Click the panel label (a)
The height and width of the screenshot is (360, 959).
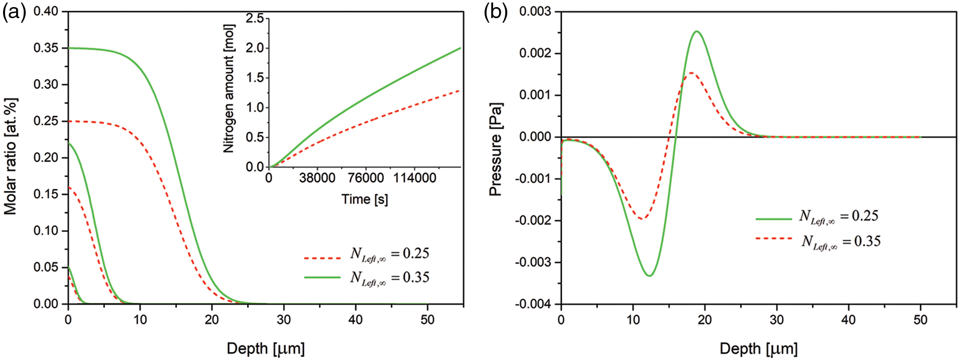14,13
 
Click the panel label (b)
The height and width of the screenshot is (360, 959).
496,13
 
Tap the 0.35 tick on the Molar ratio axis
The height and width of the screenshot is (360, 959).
46,48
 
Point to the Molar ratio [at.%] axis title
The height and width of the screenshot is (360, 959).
11,157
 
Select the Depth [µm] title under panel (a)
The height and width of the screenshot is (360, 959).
265,348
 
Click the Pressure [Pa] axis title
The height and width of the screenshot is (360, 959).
496,149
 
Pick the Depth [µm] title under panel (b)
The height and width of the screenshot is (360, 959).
759,348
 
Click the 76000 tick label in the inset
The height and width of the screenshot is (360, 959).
365,178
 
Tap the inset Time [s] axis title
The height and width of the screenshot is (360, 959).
364,199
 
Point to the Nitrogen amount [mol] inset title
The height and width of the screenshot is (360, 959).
229,88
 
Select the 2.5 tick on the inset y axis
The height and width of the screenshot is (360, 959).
254,19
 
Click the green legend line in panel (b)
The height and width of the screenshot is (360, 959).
773,219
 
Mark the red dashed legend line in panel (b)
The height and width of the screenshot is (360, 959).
773,238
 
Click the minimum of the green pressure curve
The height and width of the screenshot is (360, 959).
650,275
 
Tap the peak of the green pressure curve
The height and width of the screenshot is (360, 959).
697,31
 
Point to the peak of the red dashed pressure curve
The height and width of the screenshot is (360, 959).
690,73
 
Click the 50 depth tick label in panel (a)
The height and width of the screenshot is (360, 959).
428,320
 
